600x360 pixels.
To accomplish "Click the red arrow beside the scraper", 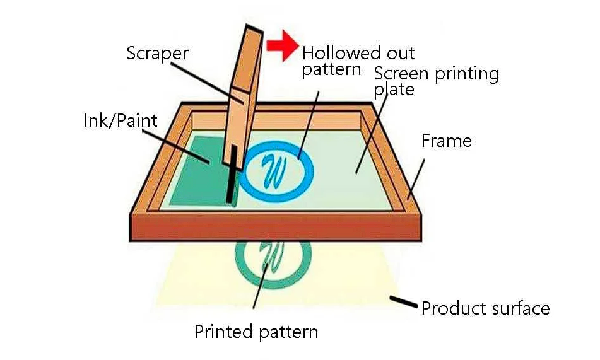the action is tap(283, 45).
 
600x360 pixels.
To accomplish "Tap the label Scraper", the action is tap(157, 54).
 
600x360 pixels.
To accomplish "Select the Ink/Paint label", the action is tap(121, 120).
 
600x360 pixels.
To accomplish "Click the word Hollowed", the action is tap(342, 52).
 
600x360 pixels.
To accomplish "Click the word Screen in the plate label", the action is tap(402, 73).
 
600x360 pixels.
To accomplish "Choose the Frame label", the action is tap(447, 141).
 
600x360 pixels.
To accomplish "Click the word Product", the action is tap(450, 308).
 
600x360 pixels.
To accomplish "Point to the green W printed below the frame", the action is tap(271, 255).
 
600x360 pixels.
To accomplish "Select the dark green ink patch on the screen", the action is tap(203, 171).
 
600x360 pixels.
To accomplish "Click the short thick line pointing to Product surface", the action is tap(403, 301).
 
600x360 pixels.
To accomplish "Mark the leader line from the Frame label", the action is tap(416, 180).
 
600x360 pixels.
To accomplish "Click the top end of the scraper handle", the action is tap(254, 29).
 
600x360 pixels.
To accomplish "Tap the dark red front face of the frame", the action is tap(276, 229).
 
